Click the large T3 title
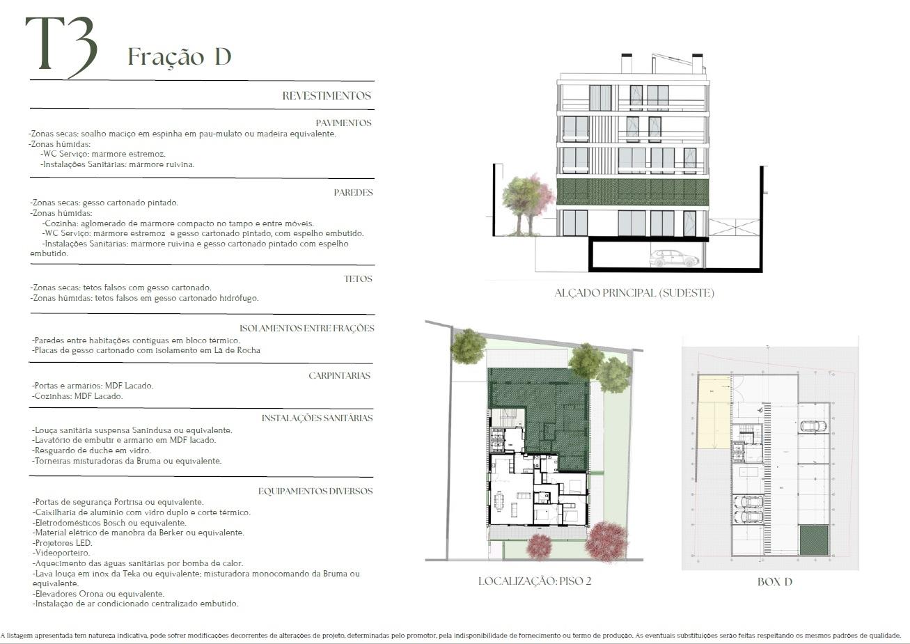pyautogui.click(x=62, y=47)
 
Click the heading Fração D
pyautogui.click(x=180, y=57)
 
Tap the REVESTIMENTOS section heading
pyautogui.click(x=327, y=95)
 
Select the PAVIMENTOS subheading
pyautogui.click(x=344, y=123)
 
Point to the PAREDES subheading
pyautogui.click(x=353, y=193)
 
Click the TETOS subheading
pyautogui.click(x=358, y=278)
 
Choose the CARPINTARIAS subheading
pyautogui.click(x=339, y=375)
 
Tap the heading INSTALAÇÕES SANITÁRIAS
pyautogui.click(x=317, y=418)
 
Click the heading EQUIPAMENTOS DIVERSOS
pyautogui.click(x=315, y=491)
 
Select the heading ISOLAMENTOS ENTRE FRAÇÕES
pyautogui.click(x=307, y=329)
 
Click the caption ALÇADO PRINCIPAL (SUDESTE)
pyautogui.click(x=634, y=293)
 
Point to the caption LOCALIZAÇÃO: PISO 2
pyautogui.click(x=535, y=581)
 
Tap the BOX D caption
pyautogui.click(x=775, y=581)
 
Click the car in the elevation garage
pyautogui.click(x=674, y=258)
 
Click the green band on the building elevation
pyautogui.click(x=632, y=191)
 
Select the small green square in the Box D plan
pyautogui.click(x=814, y=540)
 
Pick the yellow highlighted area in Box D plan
pyautogui.click(x=714, y=411)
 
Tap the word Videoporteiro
pyautogui.click(x=63, y=553)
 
